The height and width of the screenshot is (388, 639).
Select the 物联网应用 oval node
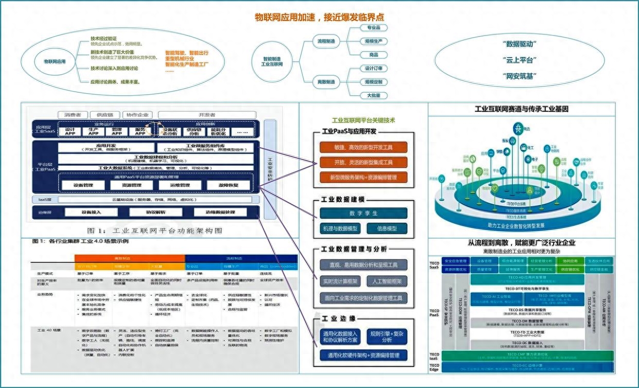click(x=55, y=61)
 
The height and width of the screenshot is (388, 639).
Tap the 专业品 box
click(x=374, y=28)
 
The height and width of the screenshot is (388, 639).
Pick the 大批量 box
click(x=374, y=95)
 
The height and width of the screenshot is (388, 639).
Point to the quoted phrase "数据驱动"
click(x=519, y=44)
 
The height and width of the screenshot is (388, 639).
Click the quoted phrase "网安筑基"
click(x=519, y=76)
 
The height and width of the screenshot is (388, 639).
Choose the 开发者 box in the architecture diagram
click(x=206, y=114)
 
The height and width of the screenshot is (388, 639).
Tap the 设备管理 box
click(x=82, y=185)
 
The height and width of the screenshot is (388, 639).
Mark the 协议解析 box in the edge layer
click(x=154, y=212)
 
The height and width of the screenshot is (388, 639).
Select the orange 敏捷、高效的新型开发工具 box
click(x=363, y=147)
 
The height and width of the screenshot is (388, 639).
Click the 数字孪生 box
click(x=363, y=213)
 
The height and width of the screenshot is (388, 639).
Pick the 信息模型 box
click(x=389, y=228)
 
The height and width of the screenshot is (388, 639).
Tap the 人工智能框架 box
click(x=387, y=281)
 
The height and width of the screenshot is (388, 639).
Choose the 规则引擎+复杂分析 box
click(x=388, y=337)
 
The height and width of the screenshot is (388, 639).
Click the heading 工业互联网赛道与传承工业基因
click(x=521, y=109)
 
